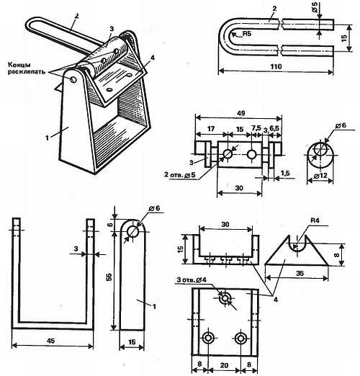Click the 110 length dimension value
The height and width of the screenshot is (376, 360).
pos(276,66)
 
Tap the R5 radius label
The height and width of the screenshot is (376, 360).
pos(247,34)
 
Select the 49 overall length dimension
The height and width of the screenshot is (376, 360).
pos(240,113)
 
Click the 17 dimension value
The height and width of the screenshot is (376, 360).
pos(211,129)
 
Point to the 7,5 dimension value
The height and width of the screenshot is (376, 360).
pos(256,128)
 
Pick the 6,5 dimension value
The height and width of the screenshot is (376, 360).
pos(274,128)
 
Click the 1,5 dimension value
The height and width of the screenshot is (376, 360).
pos(285,173)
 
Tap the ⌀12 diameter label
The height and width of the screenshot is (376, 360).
pos(320,176)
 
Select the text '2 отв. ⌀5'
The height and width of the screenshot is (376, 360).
pos(180,175)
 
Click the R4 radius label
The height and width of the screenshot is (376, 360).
pos(315,220)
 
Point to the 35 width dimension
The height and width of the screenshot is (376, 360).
pos(300,273)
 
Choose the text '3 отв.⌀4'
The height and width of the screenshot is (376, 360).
pos(192,279)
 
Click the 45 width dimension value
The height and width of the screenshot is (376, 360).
pos(51,341)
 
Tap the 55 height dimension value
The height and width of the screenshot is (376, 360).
pos(109,277)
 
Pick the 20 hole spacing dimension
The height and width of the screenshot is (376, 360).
pos(224,365)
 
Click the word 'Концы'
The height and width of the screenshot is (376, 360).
pos(19,65)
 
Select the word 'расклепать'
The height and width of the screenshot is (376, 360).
pos(27,71)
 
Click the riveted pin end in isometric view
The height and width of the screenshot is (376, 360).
pos(73,79)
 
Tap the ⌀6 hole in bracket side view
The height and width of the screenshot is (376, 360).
pos(132,231)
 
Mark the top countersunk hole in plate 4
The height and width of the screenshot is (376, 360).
pos(225,298)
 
